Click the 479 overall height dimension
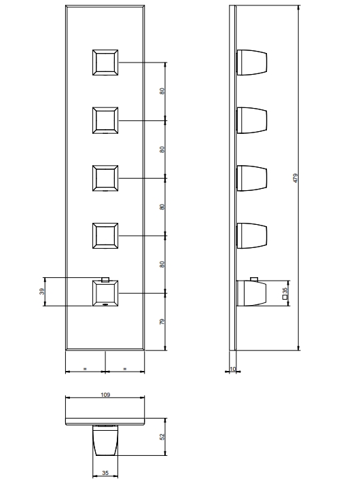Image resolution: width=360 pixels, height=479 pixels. (295, 178)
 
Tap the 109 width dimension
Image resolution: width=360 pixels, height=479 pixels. (105, 395)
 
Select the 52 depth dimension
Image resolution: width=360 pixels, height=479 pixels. (162, 437)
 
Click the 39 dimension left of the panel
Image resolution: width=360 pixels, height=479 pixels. (42, 291)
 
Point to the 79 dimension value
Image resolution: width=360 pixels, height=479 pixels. (162, 321)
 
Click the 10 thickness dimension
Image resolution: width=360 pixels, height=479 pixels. (233, 369)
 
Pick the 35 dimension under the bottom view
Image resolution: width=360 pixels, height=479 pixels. (105, 473)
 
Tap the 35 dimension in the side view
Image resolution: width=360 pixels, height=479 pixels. (285, 291)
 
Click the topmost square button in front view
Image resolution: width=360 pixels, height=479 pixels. (105, 63)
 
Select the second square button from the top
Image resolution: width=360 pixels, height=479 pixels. (105, 120)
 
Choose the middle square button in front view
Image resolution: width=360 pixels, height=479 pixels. (105, 178)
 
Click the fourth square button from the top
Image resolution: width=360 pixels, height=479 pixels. (105, 236)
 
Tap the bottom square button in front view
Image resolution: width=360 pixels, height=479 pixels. (105, 293)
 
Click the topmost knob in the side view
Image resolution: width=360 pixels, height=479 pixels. (252, 63)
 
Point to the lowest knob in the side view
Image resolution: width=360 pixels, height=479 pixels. (251, 293)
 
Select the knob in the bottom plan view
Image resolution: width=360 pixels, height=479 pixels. (105, 440)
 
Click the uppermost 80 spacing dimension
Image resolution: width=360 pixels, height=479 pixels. (162, 91)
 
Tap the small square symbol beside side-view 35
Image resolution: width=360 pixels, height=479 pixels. (285, 297)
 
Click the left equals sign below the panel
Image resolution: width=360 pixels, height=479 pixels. (85, 369)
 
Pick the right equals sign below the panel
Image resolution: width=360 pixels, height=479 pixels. (125, 369)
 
